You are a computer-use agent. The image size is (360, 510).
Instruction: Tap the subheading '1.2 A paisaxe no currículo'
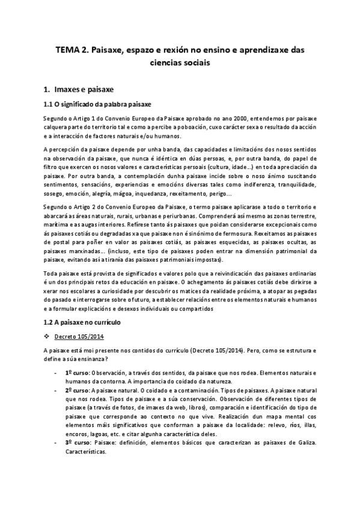point(82,322)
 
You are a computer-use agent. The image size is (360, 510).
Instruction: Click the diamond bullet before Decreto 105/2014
point(47,336)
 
